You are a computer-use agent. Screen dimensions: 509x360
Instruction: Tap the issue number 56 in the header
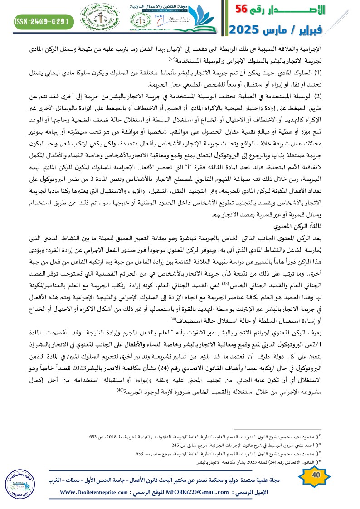[x=246, y=10]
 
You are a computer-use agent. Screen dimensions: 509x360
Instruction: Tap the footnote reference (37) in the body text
[x=172, y=59]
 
